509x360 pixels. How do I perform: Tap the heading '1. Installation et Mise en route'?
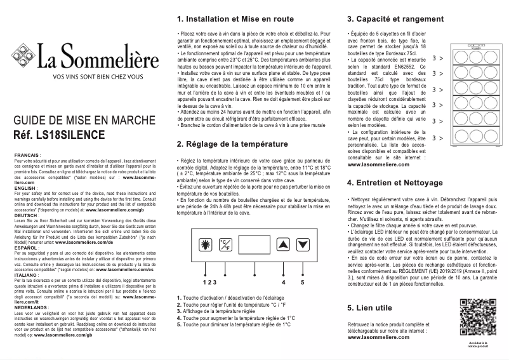click(x=234, y=18)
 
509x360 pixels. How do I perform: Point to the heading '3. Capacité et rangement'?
click(x=395, y=18)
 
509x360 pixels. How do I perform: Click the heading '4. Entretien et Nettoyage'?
click(x=395, y=183)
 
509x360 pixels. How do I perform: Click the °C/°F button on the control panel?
click(x=225, y=245)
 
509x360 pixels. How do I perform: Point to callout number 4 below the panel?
click(x=283, y=281)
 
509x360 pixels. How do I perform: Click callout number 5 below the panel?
click(x=302, y=281)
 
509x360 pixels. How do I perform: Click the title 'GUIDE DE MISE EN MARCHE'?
click(x=80, y=122)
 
